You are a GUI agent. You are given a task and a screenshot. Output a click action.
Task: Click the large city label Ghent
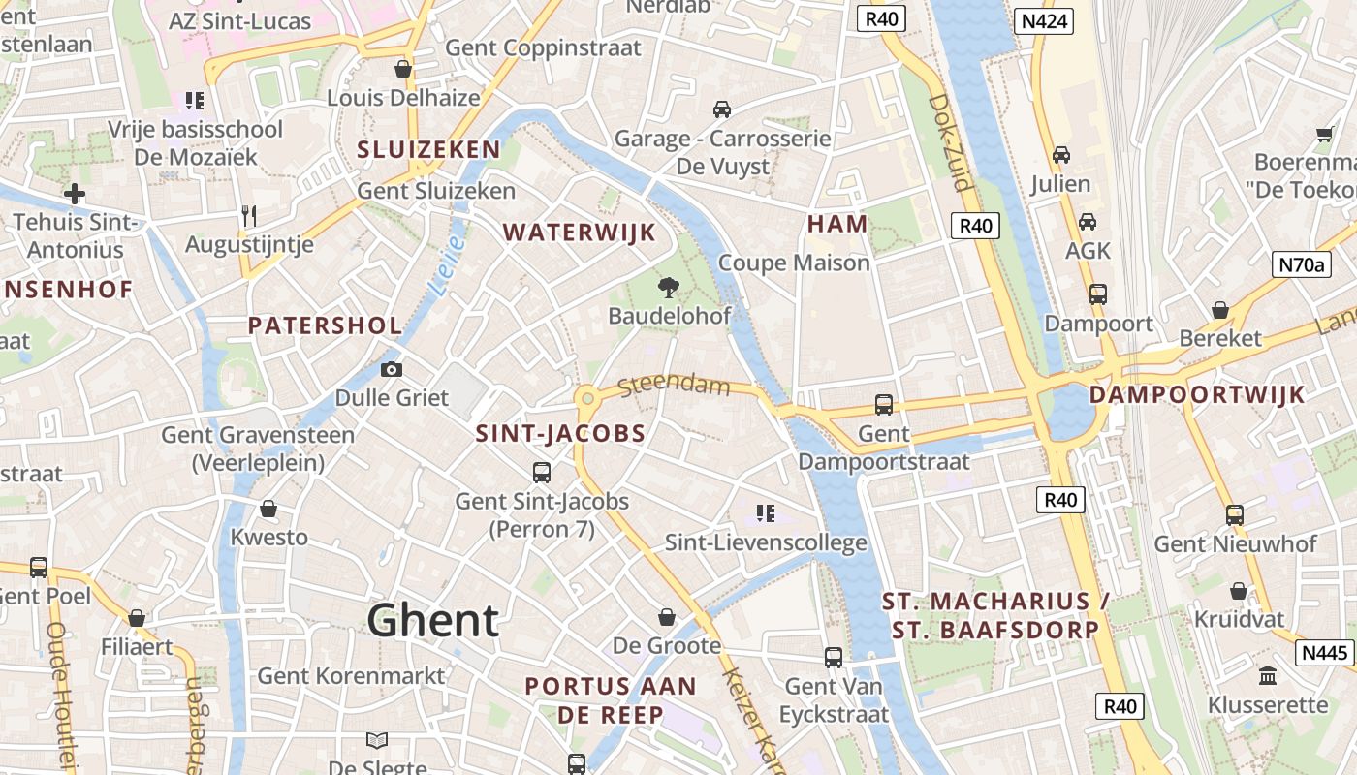433,620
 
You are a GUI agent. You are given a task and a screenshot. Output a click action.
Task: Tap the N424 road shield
1044,20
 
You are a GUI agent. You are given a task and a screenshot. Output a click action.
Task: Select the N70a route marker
1301,263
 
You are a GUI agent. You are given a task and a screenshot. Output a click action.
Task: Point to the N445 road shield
1325,653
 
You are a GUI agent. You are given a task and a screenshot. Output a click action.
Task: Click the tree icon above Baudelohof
668,286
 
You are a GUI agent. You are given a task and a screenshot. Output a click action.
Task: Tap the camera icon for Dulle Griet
392,369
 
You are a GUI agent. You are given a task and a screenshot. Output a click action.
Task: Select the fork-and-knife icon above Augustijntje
249,215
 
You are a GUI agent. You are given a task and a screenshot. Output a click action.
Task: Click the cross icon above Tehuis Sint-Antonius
75,194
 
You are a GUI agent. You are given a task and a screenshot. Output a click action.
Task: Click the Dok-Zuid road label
948,141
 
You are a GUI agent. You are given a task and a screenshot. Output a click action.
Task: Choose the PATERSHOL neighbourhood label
325,325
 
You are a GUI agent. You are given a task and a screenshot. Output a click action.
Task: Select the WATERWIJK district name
580,232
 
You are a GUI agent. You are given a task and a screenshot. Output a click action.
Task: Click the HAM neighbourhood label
837,224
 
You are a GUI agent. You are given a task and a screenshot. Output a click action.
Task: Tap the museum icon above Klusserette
1267,675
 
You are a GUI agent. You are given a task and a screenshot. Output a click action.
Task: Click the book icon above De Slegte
377,741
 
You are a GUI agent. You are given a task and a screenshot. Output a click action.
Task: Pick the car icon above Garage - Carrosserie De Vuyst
722,108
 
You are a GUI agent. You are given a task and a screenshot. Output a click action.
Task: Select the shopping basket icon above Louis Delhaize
403,69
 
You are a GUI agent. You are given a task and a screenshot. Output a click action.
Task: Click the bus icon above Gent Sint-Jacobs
542,473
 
